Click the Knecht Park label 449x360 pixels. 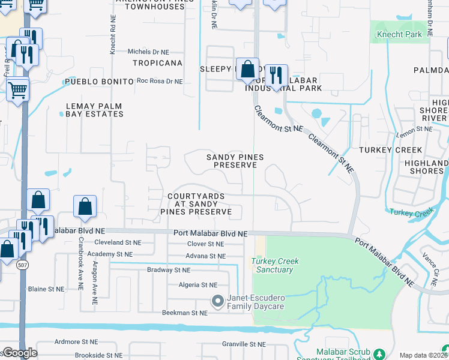(399, 35)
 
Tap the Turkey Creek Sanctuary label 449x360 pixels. (276, 265)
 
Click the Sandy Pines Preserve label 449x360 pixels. (235, 161)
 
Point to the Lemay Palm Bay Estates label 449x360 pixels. (94, 110)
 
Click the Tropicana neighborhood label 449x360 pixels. (157, 63)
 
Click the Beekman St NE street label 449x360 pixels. (184, 313)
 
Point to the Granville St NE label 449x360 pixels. (243, 344)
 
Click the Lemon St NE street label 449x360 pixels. (414, 129)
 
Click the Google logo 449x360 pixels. (19, 353)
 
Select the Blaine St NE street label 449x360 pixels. (46, 289)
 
